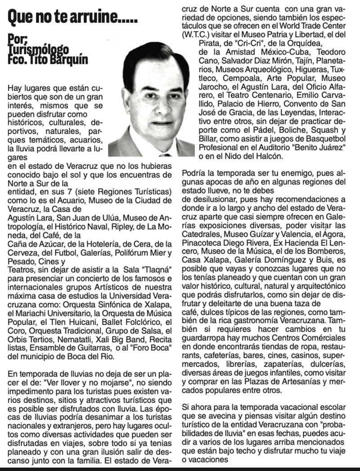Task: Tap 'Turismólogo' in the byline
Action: (x=38, y=49)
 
